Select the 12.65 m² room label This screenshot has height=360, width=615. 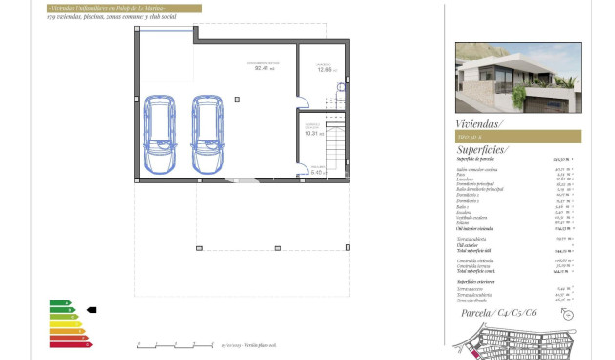[x=324, y=69]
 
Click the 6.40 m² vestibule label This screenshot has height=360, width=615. [x=317, y=172]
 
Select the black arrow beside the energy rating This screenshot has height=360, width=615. [x=92, y=310]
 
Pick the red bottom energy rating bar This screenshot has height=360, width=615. [x=68, y=344]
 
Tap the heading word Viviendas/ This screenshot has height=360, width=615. [x=478, y=124]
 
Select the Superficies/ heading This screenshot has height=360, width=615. [x=482, y=150]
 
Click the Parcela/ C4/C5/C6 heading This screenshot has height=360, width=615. [x=498, y=312]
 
